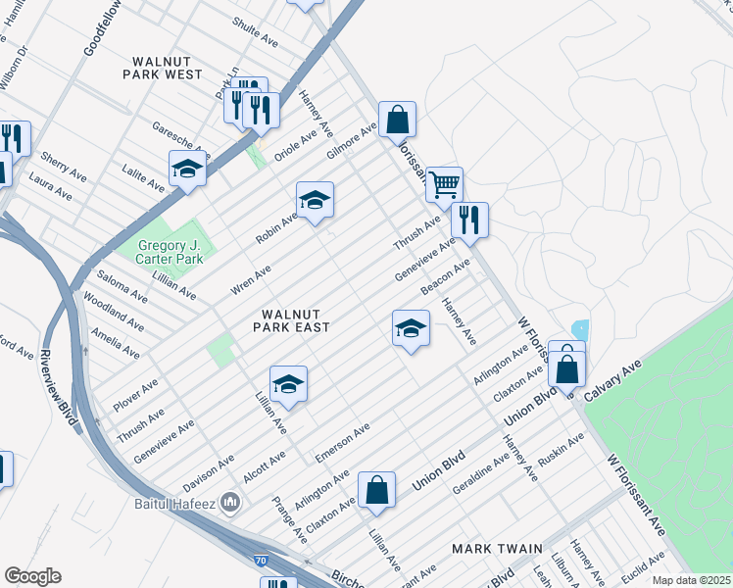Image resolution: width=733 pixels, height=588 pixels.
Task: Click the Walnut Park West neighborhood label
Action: pyautogui.click(x=164, y=66)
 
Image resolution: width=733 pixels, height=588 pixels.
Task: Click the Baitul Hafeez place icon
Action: pyautogui.click(x=231, y=503)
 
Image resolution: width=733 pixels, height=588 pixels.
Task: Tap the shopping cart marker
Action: pyautogui.click(x=445, y=183)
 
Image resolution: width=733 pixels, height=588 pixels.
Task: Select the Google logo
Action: pyautogui.click(x=32, y=576)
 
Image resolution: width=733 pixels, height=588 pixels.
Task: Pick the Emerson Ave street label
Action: pyautogui.click(x=342, y=443)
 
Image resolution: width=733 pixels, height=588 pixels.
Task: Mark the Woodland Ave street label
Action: pyautogui.click(x=114, y=312)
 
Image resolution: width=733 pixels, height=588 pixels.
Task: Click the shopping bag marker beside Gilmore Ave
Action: pyautogui.click(x=398, y=120)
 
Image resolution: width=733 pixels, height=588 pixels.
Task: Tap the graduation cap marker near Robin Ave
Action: pyautogui.click(x=315, y=200)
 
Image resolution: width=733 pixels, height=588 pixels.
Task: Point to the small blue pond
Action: pyautogui.click(x=579, y=330)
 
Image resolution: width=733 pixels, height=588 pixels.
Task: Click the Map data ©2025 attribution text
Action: pyautogui.click(x=691, y=580)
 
